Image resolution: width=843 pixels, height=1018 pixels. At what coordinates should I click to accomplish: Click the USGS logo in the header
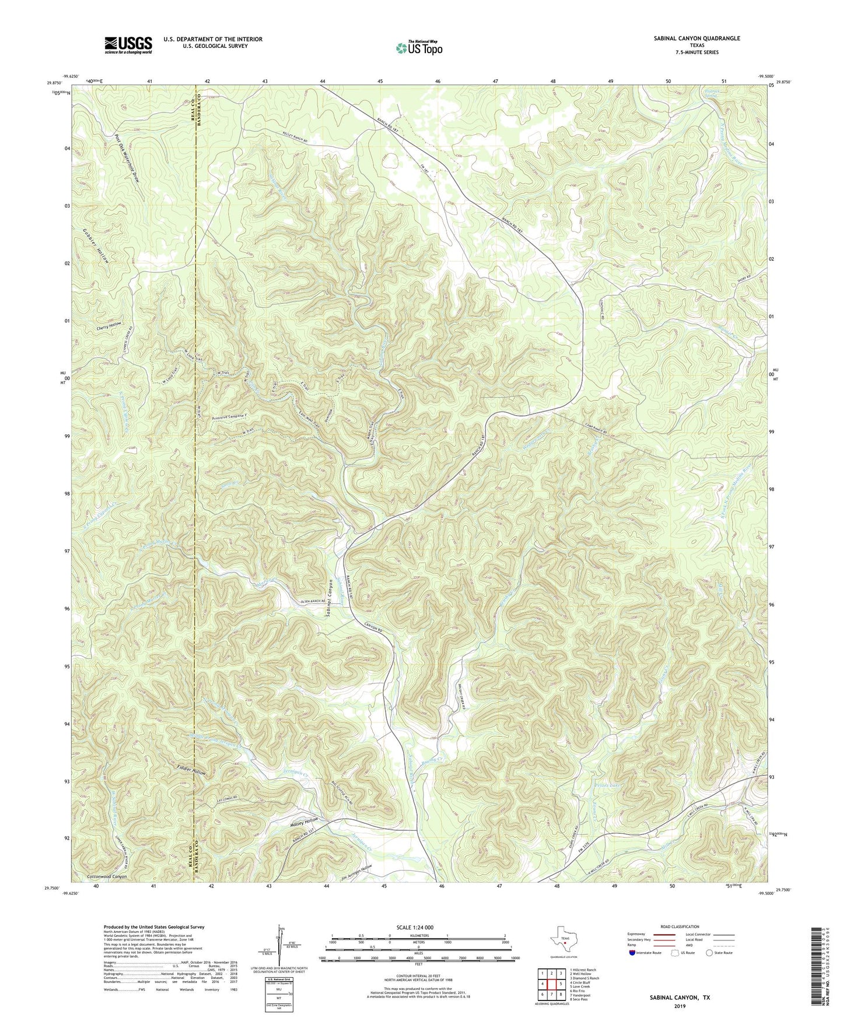(x=128, y=44)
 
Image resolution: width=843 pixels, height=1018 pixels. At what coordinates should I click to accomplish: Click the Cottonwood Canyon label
(x=106, y=876)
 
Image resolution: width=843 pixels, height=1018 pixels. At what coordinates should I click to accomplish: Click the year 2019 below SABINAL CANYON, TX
(x=680, y=1005)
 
